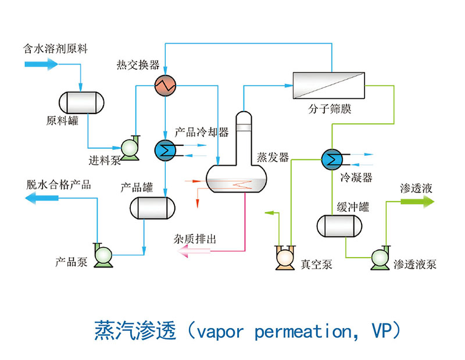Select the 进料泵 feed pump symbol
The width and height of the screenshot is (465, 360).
click(128, 147)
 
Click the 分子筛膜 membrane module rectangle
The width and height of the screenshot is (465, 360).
click(328, 87)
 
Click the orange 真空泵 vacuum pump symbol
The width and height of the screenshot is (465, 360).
click(285, 256)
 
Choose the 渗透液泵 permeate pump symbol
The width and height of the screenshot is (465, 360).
click(380, 256)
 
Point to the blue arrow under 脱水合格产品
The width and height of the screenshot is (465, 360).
click(43, 199)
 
